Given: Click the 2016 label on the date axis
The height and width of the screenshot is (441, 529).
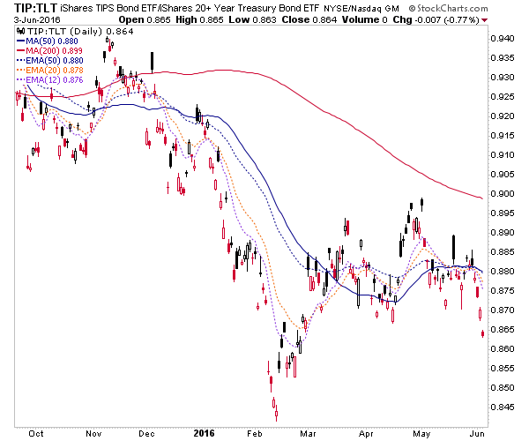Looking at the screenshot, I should [x=202, y=434].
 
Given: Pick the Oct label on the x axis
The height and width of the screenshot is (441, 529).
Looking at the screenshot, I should [x=36, y=434].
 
